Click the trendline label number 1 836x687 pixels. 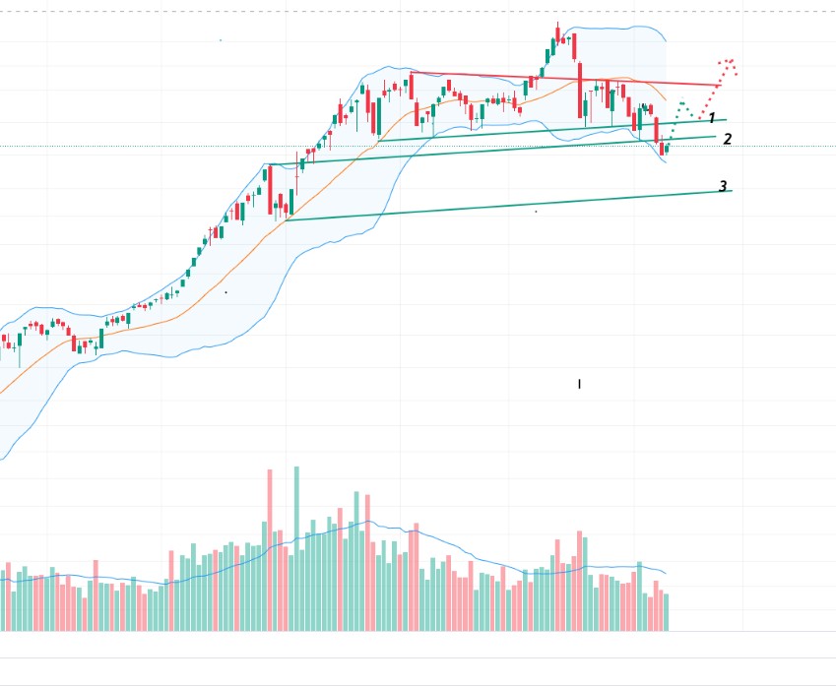click(x=711, y=118)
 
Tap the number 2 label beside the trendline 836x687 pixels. click(x=727, y=140)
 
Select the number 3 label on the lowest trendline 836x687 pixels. click(x=723, y=186)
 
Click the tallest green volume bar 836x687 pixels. click(x=295, y=547)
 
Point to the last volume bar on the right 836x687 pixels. click(x=667, y=610)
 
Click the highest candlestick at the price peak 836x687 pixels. click(x=557, y=33)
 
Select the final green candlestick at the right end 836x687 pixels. click(x=668, y=149)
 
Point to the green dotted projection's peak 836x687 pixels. click(x=681, y=103)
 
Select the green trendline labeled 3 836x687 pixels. click(x=492, y=207)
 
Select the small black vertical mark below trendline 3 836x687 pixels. click(x=579, y=384)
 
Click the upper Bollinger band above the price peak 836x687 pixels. click(x=611, y=28)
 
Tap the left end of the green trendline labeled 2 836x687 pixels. click(x=269, y=164)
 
